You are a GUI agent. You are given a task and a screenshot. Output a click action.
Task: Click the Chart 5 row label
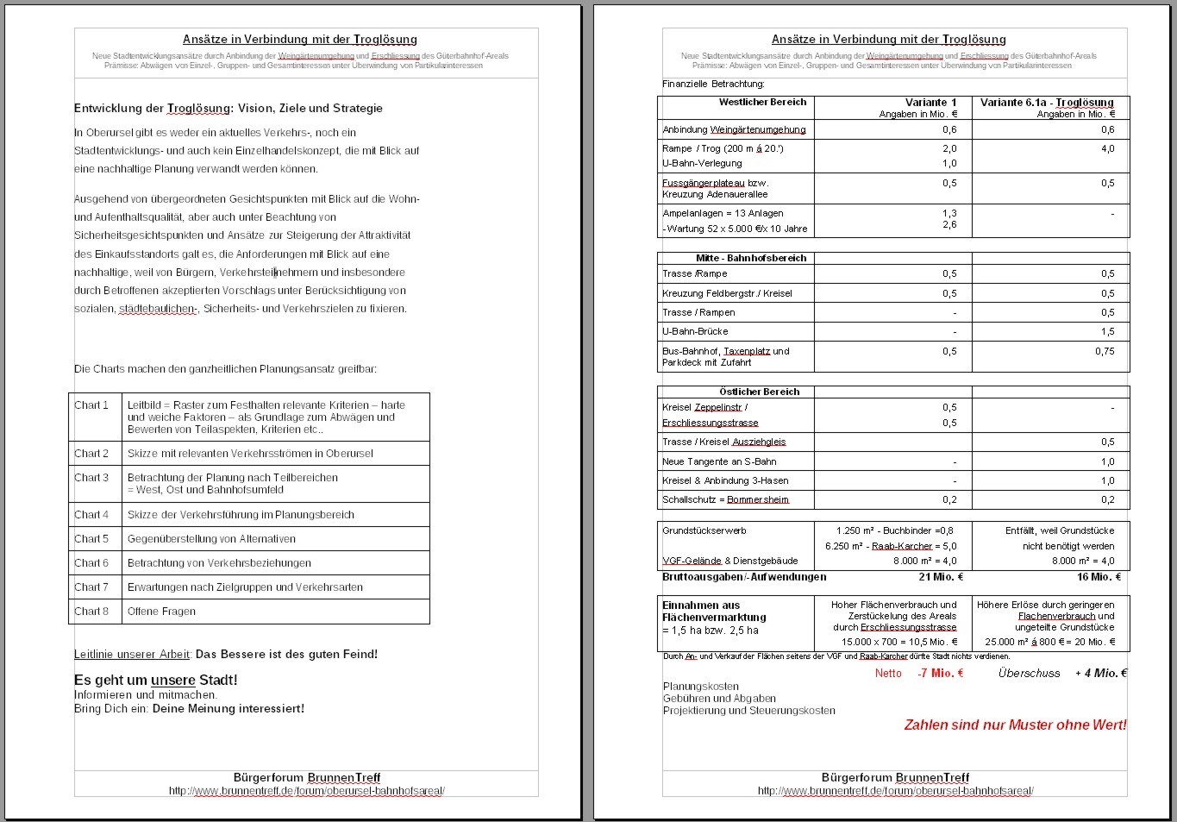91,539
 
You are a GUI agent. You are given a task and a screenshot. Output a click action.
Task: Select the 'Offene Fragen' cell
161,612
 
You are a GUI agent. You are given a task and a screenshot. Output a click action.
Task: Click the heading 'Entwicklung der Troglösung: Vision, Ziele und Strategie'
229,109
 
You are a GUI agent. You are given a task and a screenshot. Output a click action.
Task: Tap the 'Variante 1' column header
930,103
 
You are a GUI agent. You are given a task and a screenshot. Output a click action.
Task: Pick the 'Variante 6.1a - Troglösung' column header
1047,103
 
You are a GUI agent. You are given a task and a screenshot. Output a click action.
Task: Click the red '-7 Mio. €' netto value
940,674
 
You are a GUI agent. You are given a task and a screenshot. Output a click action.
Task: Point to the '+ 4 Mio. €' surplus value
1100,674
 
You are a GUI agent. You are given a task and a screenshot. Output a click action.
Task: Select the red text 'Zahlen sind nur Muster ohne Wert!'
1015,725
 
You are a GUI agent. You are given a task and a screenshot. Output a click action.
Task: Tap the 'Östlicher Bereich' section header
759,392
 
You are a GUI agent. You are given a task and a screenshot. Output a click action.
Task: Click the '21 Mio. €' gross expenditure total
941,577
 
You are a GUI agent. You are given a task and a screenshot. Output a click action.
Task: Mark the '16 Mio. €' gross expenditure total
1099,577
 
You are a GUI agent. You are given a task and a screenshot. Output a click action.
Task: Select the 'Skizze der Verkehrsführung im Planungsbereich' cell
241,515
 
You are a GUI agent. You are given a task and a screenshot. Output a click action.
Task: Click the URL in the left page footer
307,791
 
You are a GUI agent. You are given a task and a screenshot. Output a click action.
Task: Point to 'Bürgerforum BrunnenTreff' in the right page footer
895,778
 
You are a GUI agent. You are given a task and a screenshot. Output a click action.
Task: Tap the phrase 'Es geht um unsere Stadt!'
156,681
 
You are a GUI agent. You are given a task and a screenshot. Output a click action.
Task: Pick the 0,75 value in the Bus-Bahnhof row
1104,352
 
